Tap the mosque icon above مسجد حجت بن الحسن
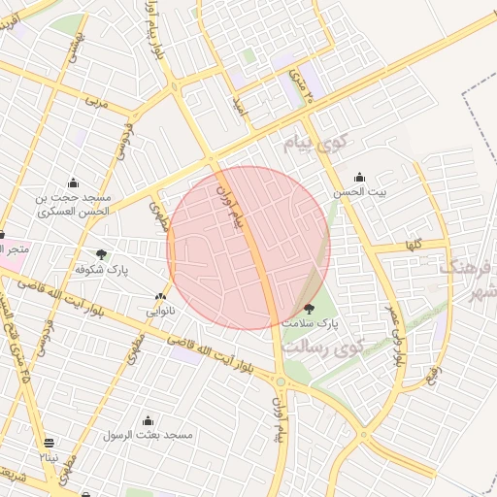[73, 182]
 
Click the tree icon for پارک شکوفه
[101, 254]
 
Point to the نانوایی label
[160, 312]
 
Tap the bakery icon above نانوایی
[160, 297]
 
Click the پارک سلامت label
[311, 321]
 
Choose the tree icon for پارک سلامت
[310, 307]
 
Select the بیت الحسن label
[360, 192]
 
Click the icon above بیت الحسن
[360, 177]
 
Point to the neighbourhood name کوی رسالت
[326, 346]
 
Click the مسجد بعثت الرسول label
[149, 435]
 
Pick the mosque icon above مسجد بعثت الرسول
[148, 420]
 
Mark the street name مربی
[93, 99]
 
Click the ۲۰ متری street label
[303, 88]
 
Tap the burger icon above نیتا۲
[49, 442]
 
